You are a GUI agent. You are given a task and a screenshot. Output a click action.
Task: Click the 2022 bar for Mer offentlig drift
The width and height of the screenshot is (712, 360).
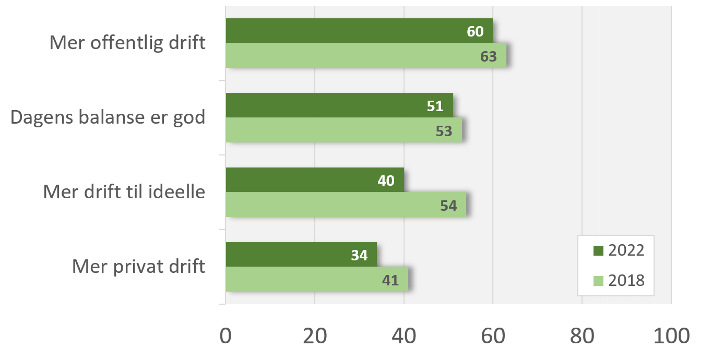[x=359, y=31]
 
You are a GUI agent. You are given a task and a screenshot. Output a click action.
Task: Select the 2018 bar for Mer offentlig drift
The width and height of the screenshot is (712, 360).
[x=365, y=55]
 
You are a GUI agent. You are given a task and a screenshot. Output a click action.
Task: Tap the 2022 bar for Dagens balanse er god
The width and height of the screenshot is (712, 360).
[x=339, y=105]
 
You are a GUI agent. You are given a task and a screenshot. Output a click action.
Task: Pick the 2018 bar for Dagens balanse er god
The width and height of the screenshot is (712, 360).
[x=343, y=130]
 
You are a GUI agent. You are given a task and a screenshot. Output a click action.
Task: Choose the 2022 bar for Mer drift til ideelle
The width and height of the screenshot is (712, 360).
[x=315, y=180]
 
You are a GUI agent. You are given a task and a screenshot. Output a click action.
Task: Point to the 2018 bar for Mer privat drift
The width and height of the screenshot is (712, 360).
[x=316, y=279]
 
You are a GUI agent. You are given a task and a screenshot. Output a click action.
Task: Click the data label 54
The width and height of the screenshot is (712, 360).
[x=448, y=206]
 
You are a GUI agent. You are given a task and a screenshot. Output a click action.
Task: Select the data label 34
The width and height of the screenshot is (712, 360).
[x=359, y=256]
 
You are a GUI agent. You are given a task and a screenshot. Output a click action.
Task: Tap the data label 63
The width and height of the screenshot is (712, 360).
[x=489, y=56]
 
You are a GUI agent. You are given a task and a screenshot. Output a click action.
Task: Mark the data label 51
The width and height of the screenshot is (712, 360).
[x=435, y=106]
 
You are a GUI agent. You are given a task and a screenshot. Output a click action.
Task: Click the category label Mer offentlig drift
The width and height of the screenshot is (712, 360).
[x=127, y=43]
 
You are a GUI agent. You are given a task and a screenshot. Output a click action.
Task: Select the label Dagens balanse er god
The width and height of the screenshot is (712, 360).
[x=108, y=117]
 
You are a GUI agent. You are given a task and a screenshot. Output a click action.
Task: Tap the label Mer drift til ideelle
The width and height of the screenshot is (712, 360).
[x=124, y=192]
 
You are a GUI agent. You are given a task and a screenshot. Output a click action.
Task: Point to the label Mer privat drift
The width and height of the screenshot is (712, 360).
[x=138, y=267]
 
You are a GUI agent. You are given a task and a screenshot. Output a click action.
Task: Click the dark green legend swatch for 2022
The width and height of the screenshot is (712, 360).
[x=598, y=250]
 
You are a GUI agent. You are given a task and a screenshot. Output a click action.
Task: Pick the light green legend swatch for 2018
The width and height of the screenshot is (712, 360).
[x=598, y=281]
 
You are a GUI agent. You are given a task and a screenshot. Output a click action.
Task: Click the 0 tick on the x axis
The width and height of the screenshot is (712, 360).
[x=226, y=335]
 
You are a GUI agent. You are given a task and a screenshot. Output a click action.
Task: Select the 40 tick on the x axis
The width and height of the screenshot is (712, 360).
[x=404, y=335]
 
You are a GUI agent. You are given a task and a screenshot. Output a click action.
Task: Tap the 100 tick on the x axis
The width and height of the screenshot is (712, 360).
[x=671, y=335]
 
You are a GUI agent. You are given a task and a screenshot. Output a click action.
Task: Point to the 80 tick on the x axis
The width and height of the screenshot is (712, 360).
[x=582, y=335]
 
